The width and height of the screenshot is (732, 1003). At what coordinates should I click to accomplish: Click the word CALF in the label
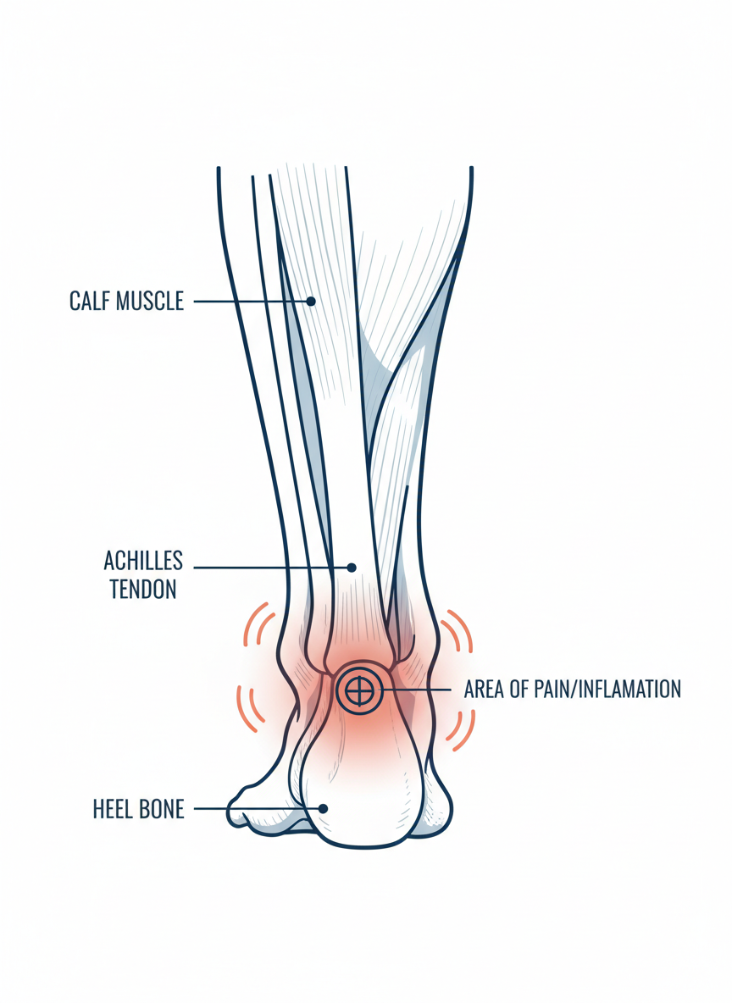pyautogui.click(x=89, y=301)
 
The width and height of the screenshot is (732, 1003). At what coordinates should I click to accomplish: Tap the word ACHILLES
pyautogui.click(x=143, y=561)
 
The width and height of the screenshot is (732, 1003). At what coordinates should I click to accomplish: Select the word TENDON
pyautogui.click(x=143, y=590)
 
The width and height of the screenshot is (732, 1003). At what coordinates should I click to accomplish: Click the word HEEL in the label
pyautogui.click(x=113, y=809)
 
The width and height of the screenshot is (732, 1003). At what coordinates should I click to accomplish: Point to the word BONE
pyautogui.click(x=163, y=809)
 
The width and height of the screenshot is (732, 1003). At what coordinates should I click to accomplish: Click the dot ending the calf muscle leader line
pyautogui.click(x=311, y=301)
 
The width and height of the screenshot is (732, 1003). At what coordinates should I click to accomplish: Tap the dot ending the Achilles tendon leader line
pyautogui.click(x=352, y=568)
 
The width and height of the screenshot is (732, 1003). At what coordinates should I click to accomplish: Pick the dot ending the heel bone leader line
pyautogui.click(x=323, y=809)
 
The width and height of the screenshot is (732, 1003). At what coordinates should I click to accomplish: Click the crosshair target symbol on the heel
pyautogui.click(x=359, y=691)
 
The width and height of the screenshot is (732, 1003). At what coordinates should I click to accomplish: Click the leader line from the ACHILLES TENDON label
pyautogui.click(x=271, y=568)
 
